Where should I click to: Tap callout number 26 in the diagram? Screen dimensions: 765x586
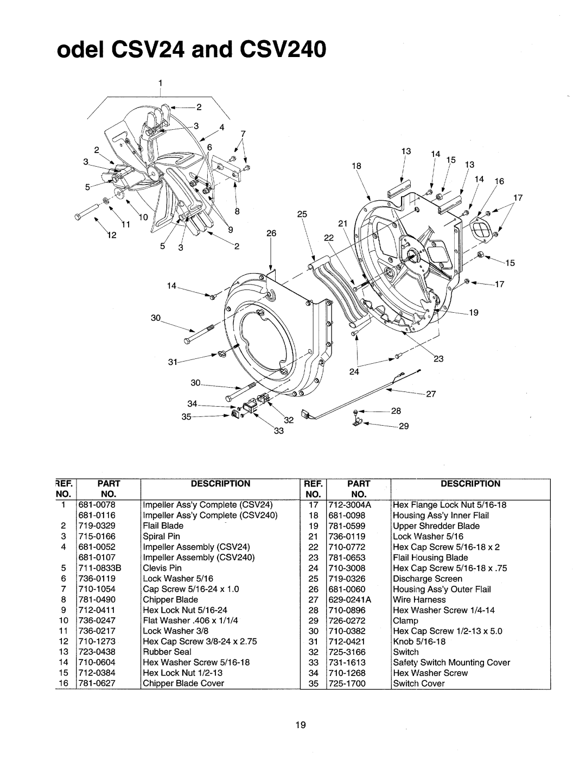point(270,233)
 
